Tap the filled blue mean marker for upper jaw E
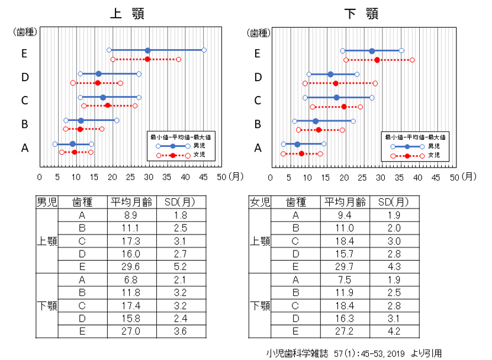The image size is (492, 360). click(x=147, y=50)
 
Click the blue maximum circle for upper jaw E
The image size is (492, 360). click(x=204, y=50)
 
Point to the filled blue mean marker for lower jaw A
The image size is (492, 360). click(x=297, y=144)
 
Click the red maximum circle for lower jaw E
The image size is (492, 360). click(x=412, y=60)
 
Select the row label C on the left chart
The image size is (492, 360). click(x=25, y=101)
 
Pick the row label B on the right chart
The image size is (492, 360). click(x=258, y=124)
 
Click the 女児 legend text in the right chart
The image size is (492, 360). click(x=434, y=155)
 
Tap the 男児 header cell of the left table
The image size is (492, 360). click(x=47, y=202)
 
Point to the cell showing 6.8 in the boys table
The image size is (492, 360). click(x=131, y=280)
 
